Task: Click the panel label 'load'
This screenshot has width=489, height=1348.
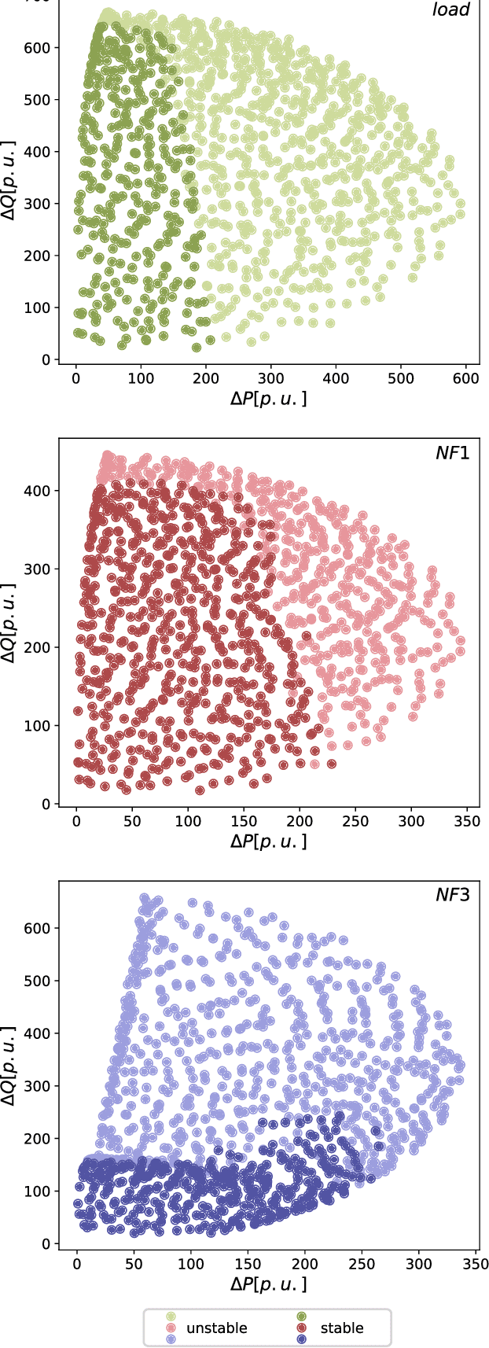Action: (x=450, y=9)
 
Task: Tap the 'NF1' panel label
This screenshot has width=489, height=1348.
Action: (x=452, y=453)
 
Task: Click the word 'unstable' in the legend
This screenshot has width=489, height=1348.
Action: (x=216, y=1328)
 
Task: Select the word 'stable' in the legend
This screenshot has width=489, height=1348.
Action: (x=342, y=1328)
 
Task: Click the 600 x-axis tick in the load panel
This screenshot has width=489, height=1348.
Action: (x=466, y=379)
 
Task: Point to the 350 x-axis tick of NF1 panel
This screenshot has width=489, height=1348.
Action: (x=467, y=821)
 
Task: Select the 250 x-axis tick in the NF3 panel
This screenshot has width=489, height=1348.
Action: (x=361, y=1263)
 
